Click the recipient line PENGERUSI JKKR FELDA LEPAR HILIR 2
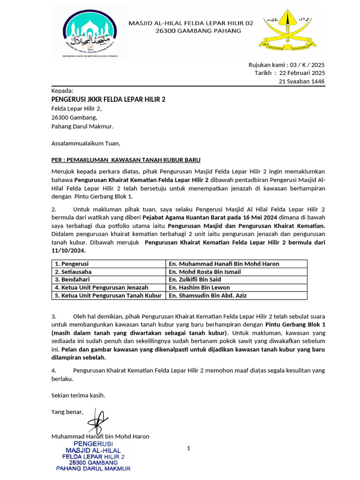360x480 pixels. click(108, 99)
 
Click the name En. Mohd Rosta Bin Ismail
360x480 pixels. click(205, 272)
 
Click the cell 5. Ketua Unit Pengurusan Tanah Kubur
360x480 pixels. click(108, 295)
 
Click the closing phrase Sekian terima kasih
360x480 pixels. click(78, 395)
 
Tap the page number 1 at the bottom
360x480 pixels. click(188, 449)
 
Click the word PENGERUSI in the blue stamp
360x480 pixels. click(93, 443)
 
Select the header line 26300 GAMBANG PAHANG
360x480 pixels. click(198, 31)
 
